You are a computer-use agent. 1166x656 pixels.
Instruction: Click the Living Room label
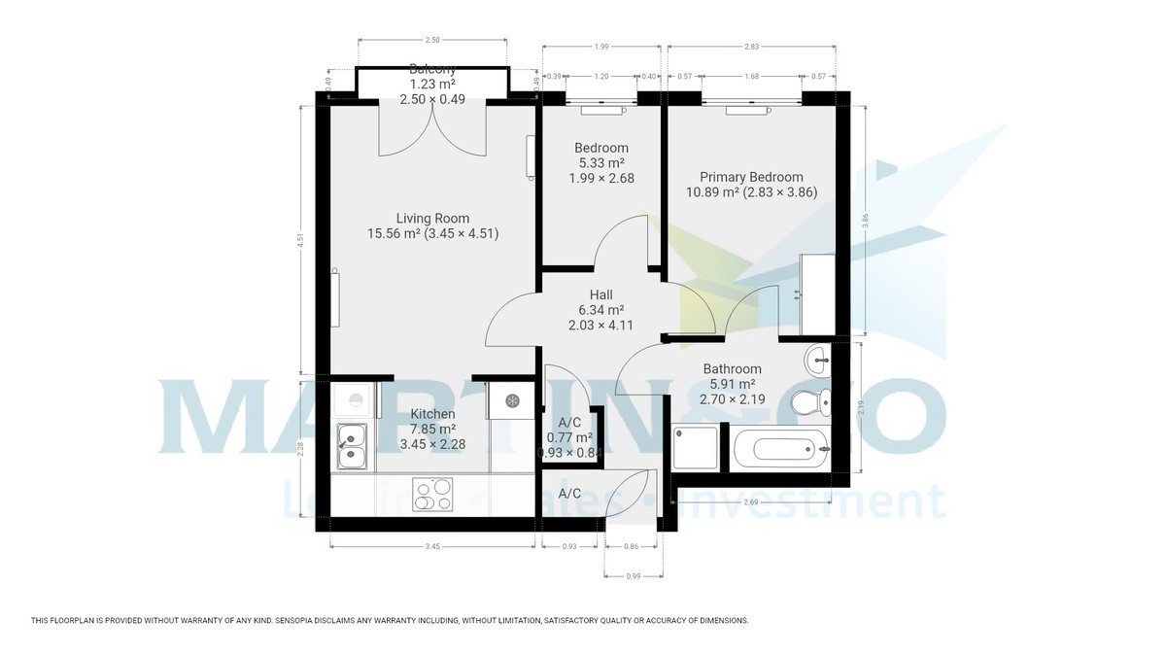432,219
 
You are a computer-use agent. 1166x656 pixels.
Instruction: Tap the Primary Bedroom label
751,177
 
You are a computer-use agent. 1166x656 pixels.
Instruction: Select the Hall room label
600,294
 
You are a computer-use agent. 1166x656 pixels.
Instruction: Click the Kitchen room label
432,414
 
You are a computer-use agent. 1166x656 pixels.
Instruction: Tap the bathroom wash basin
818,362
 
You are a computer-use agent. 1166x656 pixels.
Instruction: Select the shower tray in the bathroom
698,448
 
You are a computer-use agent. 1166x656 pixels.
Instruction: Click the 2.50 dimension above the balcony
432,40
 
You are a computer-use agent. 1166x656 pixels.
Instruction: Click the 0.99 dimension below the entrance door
634,576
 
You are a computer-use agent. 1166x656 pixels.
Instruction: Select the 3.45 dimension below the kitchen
432,547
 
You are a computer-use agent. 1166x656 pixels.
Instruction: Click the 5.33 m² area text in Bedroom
600,163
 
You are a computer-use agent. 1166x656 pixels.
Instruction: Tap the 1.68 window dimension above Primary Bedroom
752,76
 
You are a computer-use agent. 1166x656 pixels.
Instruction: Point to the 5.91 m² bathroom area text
732,384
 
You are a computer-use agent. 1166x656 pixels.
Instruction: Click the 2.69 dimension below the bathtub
750,502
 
